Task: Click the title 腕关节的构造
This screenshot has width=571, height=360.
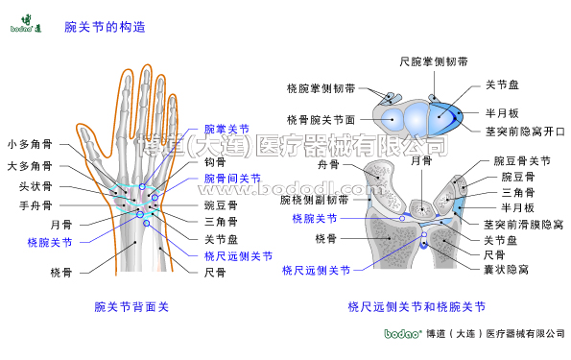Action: (x=105, y=27)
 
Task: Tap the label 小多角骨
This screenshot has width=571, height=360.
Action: (x=30, y=145)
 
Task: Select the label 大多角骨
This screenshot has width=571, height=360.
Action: (x=30, y=166)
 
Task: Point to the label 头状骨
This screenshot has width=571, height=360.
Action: (x=36, y=186)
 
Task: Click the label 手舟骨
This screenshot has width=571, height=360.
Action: (x=36, y=204)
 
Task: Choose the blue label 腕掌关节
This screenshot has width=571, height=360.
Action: (x=226, y=129)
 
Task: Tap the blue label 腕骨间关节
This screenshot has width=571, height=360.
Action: (x=232, y=178)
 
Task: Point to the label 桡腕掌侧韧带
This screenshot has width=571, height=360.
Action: (x=321, y=88)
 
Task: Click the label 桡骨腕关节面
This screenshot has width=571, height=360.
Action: (x=321, y=120)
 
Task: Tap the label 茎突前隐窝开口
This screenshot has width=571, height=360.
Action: (x=524, y=131)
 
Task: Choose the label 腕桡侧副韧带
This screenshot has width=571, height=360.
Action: (x=314, y=200)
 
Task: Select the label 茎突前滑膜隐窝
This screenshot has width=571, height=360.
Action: (x=524, y=224)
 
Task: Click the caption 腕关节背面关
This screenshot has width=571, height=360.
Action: (x=131, y=307)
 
